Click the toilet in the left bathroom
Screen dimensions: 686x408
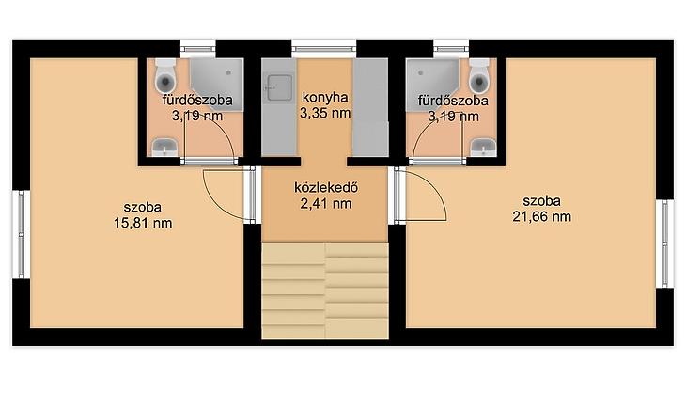165,75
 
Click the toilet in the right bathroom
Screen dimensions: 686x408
479,75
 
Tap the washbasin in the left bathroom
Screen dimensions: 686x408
165,147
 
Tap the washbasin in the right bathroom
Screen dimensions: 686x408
483,147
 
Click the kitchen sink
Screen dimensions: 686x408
279,87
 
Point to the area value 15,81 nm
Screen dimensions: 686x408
143,223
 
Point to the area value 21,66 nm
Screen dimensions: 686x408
541,217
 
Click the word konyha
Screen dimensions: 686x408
325,97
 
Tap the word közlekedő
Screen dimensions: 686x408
326,187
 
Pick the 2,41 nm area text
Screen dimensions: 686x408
326,204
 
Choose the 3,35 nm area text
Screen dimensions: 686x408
325,113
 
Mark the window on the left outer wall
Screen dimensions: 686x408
22,234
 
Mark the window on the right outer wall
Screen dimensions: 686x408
665,243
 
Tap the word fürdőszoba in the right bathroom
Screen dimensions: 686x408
453,101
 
